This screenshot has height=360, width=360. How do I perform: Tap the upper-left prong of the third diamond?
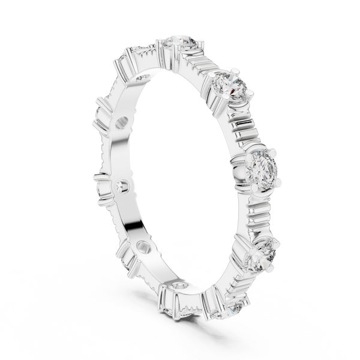pyautogui.click(x=247, y=152)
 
